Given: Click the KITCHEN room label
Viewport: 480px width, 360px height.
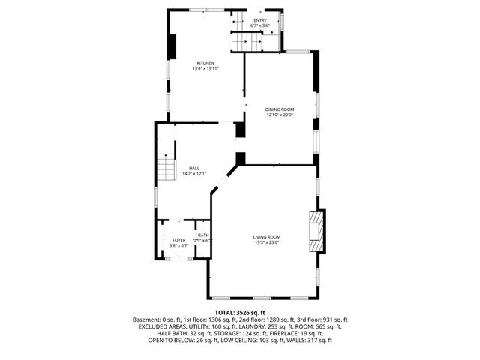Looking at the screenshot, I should point(205,62).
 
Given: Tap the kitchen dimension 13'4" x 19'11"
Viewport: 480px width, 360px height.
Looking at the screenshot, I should point(205,68).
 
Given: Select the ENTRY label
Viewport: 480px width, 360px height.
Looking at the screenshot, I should point(259,20).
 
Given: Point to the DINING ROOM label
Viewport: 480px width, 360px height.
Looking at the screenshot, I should point(279,109).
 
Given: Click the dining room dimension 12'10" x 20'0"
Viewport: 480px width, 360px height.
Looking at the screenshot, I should point(279,115).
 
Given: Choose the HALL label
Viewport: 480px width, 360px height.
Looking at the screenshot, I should point(193,168).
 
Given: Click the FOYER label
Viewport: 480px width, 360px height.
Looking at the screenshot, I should point(178,240).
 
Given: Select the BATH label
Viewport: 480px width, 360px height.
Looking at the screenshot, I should point(203,235).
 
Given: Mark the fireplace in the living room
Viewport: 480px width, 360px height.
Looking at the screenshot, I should point(317,232).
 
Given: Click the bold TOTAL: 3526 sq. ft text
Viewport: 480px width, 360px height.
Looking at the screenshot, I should point(240,312).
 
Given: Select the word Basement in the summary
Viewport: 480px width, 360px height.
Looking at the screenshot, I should point(147,319).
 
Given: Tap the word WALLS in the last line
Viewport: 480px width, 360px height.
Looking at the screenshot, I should point(298,340).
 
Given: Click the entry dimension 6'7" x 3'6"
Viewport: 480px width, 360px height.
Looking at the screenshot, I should point(259,26).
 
